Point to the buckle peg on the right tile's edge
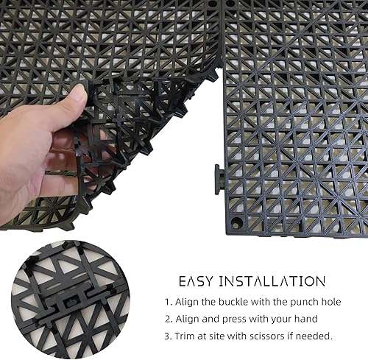point(219,179)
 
